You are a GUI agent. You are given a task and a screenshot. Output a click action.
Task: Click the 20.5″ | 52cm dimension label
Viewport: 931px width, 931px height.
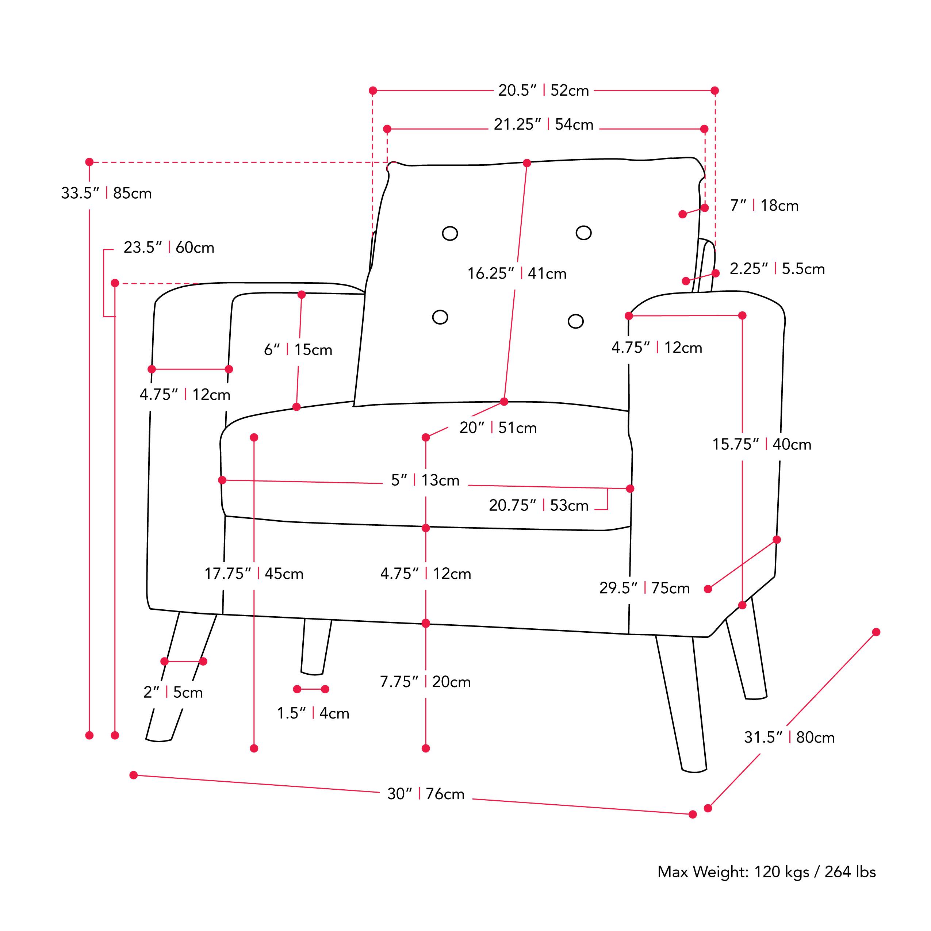click(x=543, y=91)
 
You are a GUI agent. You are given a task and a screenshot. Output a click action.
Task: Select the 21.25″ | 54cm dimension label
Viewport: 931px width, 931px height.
click(x=543, y=125)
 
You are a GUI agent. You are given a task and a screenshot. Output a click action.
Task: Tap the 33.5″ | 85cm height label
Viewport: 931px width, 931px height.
click(x=106, y=193)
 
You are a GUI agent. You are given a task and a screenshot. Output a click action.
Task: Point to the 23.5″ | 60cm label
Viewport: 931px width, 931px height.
click(x=169, y=248)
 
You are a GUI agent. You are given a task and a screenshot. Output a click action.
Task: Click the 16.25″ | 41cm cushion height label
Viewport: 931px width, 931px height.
click(x=517, y=274)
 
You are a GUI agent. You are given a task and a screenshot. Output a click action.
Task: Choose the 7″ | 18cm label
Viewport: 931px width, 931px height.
click(x=764, y=206)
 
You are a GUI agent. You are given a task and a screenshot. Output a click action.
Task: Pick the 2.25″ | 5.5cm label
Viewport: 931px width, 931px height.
click(x=777, y=269)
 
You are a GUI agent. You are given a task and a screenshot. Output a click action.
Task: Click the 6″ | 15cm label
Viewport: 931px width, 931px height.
click(x=298, y=350)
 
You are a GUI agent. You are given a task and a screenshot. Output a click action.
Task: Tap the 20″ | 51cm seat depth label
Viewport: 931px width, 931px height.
click(x=498, y=428)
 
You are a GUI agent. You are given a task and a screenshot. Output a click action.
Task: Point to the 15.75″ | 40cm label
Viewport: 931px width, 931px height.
click(x=761, y=444)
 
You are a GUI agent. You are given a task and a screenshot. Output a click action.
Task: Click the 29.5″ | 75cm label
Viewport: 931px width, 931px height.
click(x=644, y=589)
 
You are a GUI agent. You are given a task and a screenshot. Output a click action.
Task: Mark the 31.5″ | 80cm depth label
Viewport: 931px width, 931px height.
click(x=789, y=737)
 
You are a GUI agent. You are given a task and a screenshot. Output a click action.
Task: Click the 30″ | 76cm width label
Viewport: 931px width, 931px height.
click(x=425, y=794)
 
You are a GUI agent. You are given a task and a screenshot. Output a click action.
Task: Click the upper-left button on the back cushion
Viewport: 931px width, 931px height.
click(x=449, y=234)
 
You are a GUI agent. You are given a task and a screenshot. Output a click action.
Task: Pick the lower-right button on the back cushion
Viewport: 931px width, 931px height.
click(x=575, y=321)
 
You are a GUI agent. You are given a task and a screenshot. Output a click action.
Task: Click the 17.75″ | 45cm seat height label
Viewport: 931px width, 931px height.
click(x=254, y=574)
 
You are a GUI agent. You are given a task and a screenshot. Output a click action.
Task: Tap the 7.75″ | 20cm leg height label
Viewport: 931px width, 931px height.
click(x=425, y=682)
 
